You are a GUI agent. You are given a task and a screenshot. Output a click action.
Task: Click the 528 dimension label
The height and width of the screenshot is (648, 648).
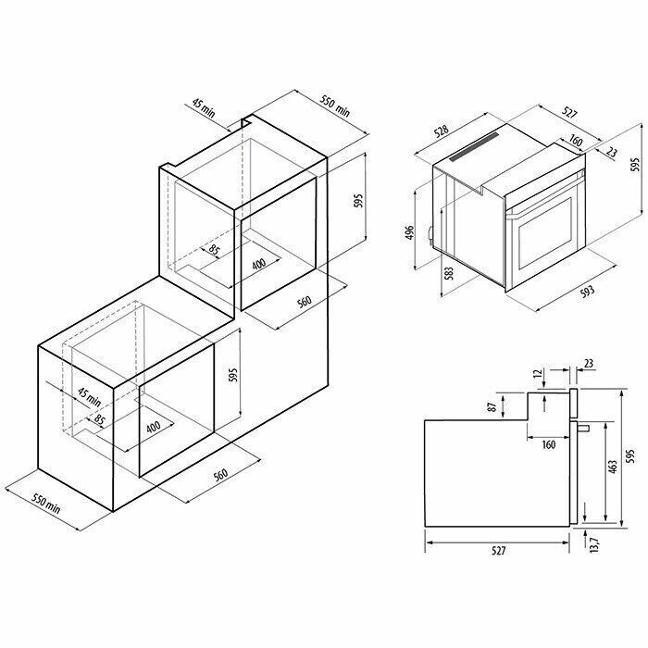(x=442, y=131)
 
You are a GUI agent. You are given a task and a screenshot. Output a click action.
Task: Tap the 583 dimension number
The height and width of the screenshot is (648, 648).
(x=449, y=273)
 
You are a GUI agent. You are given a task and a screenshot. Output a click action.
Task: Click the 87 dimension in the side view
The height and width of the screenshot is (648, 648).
(x=492, y=407)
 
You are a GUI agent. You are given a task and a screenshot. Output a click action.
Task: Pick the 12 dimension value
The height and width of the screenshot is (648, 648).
(x=538, y=374)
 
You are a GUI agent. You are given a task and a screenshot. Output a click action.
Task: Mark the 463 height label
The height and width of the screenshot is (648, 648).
(x=613, y=467)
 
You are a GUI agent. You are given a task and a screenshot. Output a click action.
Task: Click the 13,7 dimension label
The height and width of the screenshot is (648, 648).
(x=594, y=545)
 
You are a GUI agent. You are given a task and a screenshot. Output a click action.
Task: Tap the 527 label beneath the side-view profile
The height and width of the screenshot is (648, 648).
(x=499, y=551)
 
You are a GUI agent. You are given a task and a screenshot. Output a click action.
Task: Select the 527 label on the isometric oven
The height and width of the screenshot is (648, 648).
(x=569, y=112)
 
